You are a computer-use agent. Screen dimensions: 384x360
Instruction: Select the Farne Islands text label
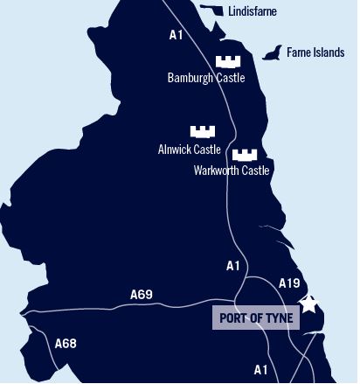315,53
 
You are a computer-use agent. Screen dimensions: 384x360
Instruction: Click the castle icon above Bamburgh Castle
228,61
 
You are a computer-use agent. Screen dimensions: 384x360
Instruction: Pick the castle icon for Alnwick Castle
203,131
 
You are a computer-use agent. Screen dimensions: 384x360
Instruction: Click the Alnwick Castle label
190,150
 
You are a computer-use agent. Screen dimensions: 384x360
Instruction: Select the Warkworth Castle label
232,171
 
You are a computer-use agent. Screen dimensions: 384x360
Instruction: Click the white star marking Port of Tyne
309,304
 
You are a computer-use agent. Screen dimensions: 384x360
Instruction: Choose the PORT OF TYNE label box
256,317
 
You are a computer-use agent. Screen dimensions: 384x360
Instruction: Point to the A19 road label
289,283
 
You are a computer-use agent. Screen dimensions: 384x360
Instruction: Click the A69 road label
141,295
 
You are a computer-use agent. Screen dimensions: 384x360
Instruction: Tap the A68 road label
66,344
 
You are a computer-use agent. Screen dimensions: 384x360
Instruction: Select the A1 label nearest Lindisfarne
177,36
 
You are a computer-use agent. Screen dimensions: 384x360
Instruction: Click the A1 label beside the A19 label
232,266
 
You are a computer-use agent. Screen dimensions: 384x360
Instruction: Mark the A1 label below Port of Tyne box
260,369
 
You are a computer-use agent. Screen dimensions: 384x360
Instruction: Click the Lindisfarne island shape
212,10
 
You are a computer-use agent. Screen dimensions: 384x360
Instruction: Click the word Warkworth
216,171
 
